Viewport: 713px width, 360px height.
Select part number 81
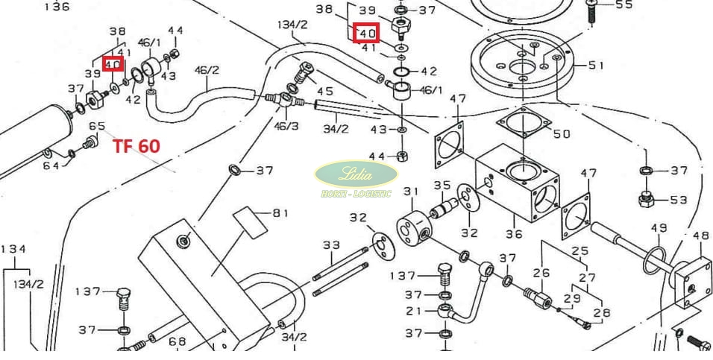click(x=280, y=214)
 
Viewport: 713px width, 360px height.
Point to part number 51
click(x=596, y=66)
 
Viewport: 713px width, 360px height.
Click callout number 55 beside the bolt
click(x=623, y=5)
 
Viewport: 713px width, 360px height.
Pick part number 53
click(x=679, y=200)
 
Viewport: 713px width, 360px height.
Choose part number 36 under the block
click(x=514, y=233)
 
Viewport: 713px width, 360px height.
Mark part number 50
click(x=561, y=134)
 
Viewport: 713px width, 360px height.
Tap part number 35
click(x=443, y=185)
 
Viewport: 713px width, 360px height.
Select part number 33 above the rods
click(x=331, y=244)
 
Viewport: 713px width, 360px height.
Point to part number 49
click(x=659, y=227)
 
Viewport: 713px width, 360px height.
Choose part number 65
click(x=97, y=127)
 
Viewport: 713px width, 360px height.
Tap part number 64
click(x=51, y=165)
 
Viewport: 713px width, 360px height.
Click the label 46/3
click(x=286, y=127)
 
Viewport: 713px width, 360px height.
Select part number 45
click(x=325, y=91)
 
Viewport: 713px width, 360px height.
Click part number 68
click(x=177, y=341)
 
